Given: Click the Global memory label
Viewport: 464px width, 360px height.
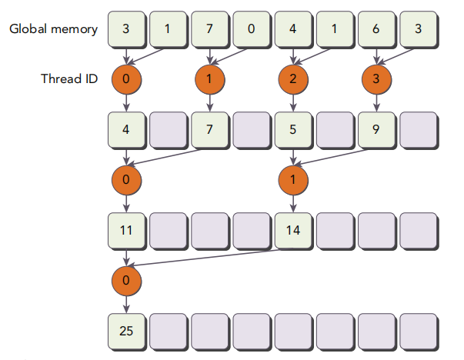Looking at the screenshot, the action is pos(53,29).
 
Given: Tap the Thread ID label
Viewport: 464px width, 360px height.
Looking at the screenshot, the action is pos(69,78).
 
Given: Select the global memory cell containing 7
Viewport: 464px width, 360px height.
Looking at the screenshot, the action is pos(210,29).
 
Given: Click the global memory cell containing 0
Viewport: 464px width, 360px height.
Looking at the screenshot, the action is pos(252,29).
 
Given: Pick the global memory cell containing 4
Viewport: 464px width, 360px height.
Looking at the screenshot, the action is pos(294,29).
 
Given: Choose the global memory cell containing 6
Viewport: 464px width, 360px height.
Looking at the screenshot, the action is pos(377,29).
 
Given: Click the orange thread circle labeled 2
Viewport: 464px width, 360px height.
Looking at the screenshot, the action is pos(293,79).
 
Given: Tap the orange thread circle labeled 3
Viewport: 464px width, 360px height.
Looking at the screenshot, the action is pos(377,79).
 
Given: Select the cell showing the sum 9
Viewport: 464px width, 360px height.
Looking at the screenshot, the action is pos(377,131).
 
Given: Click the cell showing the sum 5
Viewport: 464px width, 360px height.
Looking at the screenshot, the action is pos(294,131).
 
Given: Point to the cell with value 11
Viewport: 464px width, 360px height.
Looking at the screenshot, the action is pos(127,231).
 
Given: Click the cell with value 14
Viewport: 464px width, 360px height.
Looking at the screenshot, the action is pos(294,231).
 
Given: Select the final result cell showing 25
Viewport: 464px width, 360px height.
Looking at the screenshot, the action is pos(127,332).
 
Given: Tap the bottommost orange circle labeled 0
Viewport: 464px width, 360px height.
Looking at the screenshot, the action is pos(127,281).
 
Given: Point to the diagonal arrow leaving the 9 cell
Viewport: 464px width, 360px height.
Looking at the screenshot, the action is pos(332,157).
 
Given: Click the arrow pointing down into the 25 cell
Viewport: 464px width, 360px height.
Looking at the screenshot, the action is pos(127,304).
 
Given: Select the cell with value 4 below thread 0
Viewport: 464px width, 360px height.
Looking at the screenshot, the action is pos(127,131).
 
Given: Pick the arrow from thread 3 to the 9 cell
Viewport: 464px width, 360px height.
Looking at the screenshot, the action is pos(377,103).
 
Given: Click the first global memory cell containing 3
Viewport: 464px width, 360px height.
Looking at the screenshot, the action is pos(127,29).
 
